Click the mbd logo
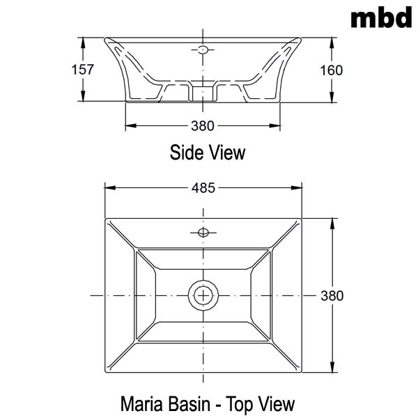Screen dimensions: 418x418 pos(381,17)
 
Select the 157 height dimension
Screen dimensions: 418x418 pos(83,70)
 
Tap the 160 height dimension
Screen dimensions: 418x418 pos(332,70)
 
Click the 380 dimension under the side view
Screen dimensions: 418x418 pos(203,126)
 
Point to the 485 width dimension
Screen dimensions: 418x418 pos(203,188)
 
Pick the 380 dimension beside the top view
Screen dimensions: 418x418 pos(332,296)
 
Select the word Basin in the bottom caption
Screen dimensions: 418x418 pos(189,404)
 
